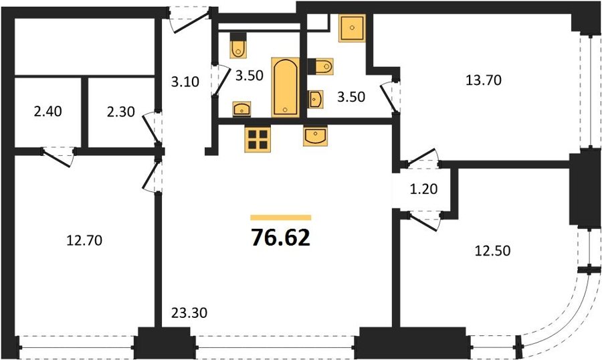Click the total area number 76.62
pos(280,238)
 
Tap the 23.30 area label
pos(189,312)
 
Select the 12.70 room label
pos(84,240)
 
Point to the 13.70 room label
pos(484,80)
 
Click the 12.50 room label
pos(492,250)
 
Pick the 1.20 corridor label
pos(424,189)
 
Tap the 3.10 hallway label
pos(185,82)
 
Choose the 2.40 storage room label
pos(47,112)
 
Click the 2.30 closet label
pos(120,112)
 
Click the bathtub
pos(285,87)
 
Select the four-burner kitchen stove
pos(258,139)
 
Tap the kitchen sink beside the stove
pos(315,136)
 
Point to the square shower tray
pos(352,27)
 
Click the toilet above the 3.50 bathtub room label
pos(238,46)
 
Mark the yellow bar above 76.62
pos(281,217)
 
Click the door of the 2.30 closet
pos(152,128)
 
